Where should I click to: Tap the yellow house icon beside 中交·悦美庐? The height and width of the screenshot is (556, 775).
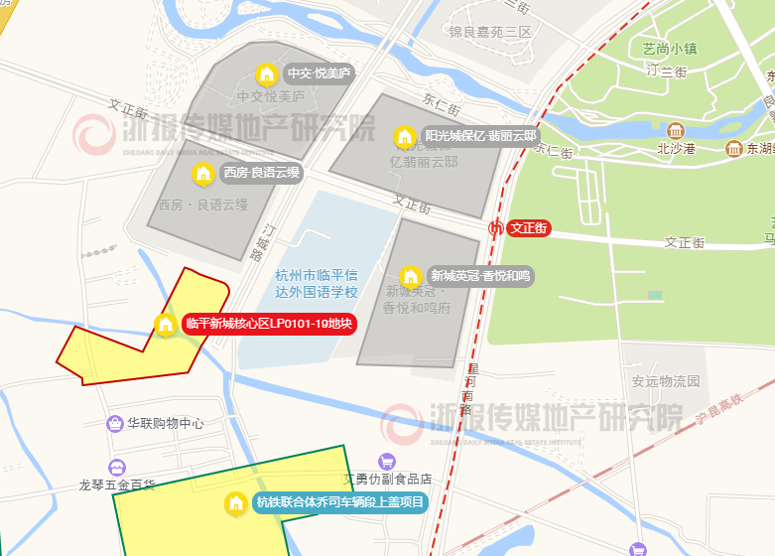tap(266, 73)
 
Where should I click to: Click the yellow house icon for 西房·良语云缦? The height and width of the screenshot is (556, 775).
tap(202, 173)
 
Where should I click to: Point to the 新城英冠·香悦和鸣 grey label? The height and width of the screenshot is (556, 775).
tap(481, 276)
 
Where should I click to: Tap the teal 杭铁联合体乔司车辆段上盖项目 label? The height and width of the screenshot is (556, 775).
tap(338, 502)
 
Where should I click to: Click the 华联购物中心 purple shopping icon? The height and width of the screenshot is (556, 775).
tap(116, 424)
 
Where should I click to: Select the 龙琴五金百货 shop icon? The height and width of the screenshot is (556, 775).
tap(117, 467)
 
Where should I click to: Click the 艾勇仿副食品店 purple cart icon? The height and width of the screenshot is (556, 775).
tap(387, 461)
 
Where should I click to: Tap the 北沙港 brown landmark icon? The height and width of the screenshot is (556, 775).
tap(676, 131)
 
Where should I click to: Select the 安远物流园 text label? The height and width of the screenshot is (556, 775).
tap(665, 380)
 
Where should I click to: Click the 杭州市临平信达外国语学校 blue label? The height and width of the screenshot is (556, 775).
tap(317, 283)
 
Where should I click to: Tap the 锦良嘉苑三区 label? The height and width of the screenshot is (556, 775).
tap(490, 32)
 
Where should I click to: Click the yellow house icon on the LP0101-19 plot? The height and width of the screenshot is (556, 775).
tap(166, 325)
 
